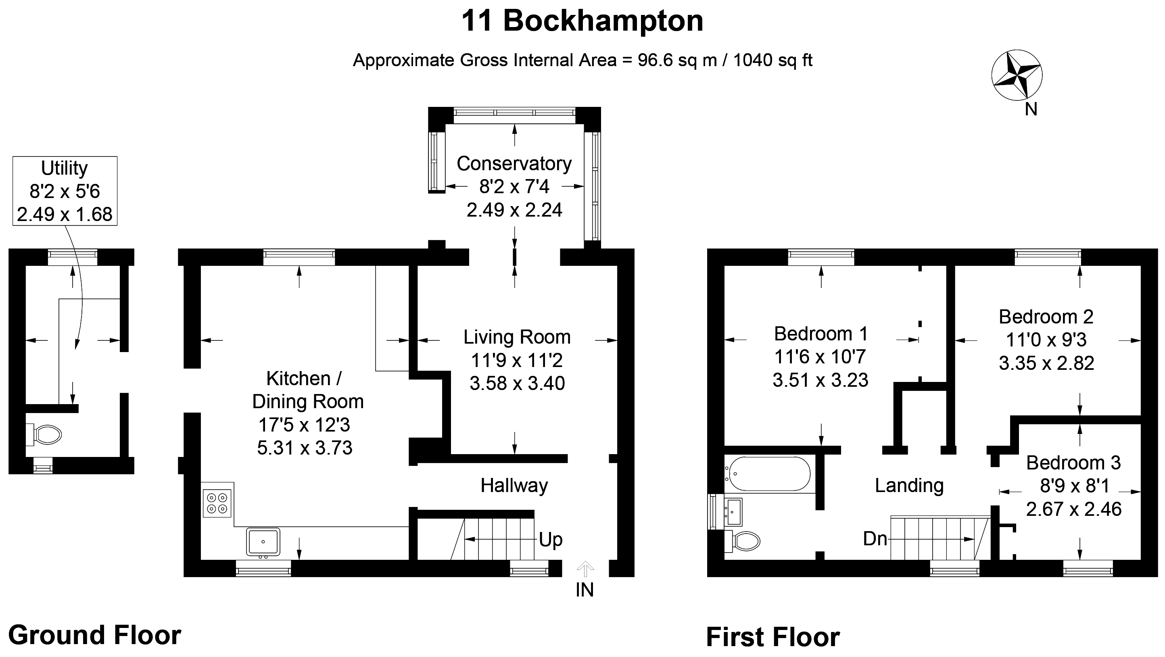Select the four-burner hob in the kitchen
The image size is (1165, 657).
217,503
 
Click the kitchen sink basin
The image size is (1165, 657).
263,542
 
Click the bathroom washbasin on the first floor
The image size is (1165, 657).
733,512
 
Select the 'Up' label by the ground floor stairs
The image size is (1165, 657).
550,540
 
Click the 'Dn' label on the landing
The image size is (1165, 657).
875,538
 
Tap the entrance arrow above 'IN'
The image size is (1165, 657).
585,569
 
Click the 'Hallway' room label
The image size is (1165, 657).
514,486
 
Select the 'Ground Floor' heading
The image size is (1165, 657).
95,635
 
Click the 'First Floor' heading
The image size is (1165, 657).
773,638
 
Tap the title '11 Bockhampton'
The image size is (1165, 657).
582,21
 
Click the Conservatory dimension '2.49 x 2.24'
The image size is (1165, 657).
514,210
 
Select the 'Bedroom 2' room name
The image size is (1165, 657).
1046,317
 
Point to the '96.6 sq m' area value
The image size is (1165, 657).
677,60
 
